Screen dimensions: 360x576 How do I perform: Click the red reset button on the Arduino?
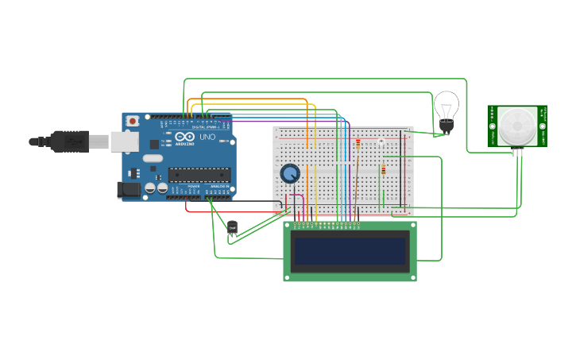pos(132,120)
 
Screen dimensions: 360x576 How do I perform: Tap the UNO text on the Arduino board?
pos(207,137)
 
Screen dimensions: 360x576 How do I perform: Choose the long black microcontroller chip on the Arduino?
pos(199,175)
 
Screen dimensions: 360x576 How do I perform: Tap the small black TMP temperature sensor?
pos(232,227)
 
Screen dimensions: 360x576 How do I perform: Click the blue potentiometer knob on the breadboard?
pos(290,173)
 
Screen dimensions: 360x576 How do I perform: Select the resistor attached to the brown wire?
pos(358,145)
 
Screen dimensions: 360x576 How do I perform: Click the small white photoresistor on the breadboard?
pos(381,142)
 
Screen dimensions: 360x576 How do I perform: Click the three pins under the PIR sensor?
pos(517,152)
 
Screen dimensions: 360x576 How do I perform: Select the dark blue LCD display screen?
pos(350,251)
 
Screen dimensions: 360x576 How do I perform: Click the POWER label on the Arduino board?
pos(193,186)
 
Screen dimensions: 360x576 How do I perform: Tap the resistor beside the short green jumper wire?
pos(384,169)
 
